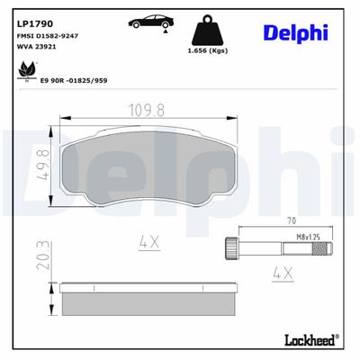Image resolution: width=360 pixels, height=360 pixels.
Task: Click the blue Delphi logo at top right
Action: tap(296, 32)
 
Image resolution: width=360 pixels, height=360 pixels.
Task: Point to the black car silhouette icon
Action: tap(152, 21)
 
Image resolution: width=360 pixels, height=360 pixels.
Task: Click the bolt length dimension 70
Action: tap(292, 219)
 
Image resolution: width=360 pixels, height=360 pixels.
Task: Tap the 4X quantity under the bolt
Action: tap(281, 271)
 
